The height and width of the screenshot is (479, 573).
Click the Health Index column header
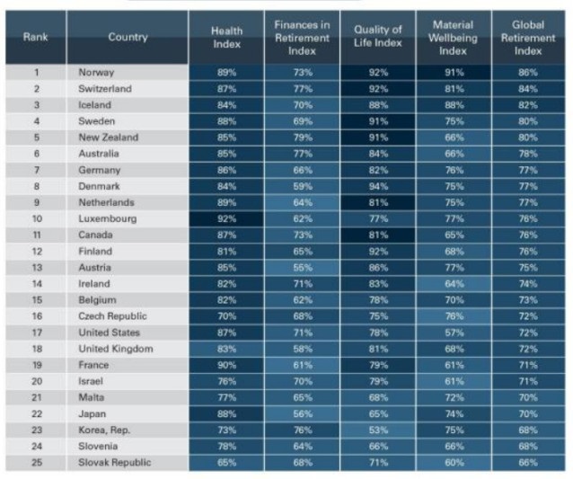pyautogui.click(x=226, y=38)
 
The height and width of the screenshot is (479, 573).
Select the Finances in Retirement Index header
pyautogui.click(x=302, y=38)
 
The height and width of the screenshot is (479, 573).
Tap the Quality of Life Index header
pyautogui.click(x=378, y=36)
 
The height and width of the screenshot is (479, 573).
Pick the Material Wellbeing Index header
pyautogui.click(x=454, y=38)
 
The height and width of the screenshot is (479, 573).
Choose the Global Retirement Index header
pyautogui.click(x=528, y=38)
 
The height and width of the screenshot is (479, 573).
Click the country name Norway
pyautogui.click(x=96, y=73)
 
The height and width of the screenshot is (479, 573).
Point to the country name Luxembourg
pyautogui.click(x=108, y=218)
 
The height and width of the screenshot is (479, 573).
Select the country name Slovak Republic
pyautogui.click(x=114, y=462)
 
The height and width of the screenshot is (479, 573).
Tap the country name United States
pyautogui.click(x=109, y=333)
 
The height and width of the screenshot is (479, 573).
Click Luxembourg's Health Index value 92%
pyautogui.click(x=226, y=218)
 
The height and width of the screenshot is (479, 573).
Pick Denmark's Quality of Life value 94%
pyautogui.click(x=378, y=186)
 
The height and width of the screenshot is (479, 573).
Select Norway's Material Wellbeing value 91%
pyautogui.click(x=454, y=73)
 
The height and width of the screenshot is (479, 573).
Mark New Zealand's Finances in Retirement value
pyautogui.click(x=303, y=137)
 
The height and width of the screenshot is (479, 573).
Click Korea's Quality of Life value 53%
pyautogui.click(x=378, y=430)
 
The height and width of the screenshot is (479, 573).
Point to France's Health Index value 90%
pyautogui.click(x=226, y=365)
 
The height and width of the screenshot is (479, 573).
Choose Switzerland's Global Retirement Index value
pyautogui.click(x=528, y=89)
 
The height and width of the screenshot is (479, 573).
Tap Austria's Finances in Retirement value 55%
pyautogui.click(x=303, y=267)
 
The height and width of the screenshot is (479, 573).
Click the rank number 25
pyautogui.click(x=37, y=462)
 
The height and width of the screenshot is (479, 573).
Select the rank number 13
pyautogui.click(x=37, y=267)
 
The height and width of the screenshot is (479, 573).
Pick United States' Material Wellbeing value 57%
pyautogui.click(x=454, y=333)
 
